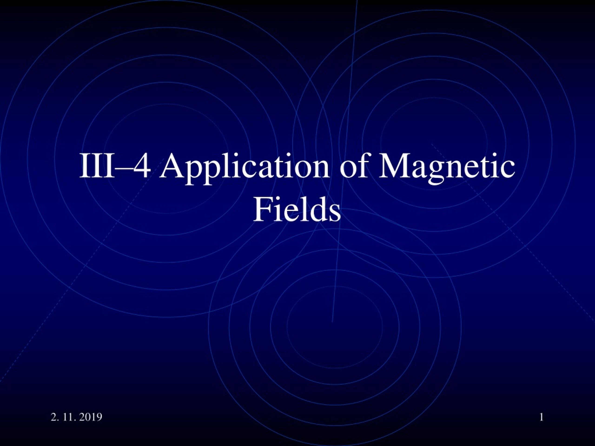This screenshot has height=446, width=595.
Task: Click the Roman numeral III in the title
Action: click(x=97, y=166)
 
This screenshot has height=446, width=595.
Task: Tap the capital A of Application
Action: click(x=172, y=166)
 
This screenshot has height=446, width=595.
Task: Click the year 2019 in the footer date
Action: click(x=91, y=417)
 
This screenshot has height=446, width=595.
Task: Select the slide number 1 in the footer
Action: click(x=542, y=417)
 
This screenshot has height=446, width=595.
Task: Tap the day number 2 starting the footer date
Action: click(x=53, y=417)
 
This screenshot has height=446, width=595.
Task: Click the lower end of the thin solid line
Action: click(x=332, y=322)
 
